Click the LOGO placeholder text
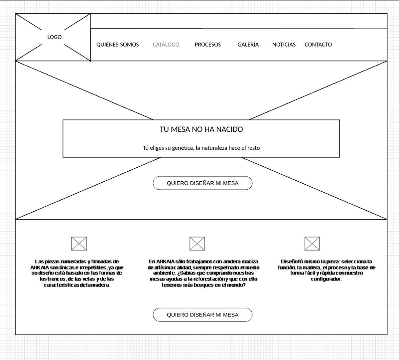point(54,37)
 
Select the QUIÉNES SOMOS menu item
point(117,45)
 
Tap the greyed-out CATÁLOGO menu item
point(166,45)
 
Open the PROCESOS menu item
point(207,45)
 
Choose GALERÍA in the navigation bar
point(248,45)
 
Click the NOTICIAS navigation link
point(284,45)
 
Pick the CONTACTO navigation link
point(318,45)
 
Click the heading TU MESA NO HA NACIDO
point(201,129)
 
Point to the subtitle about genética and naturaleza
point(201,148)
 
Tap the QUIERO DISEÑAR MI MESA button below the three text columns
point(202,315)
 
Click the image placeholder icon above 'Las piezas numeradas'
point(79,244)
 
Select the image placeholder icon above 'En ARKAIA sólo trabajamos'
point(197,244)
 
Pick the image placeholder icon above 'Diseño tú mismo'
point(312,244)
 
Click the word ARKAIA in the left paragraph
point(40,268)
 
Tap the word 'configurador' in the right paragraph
point(326,279)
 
